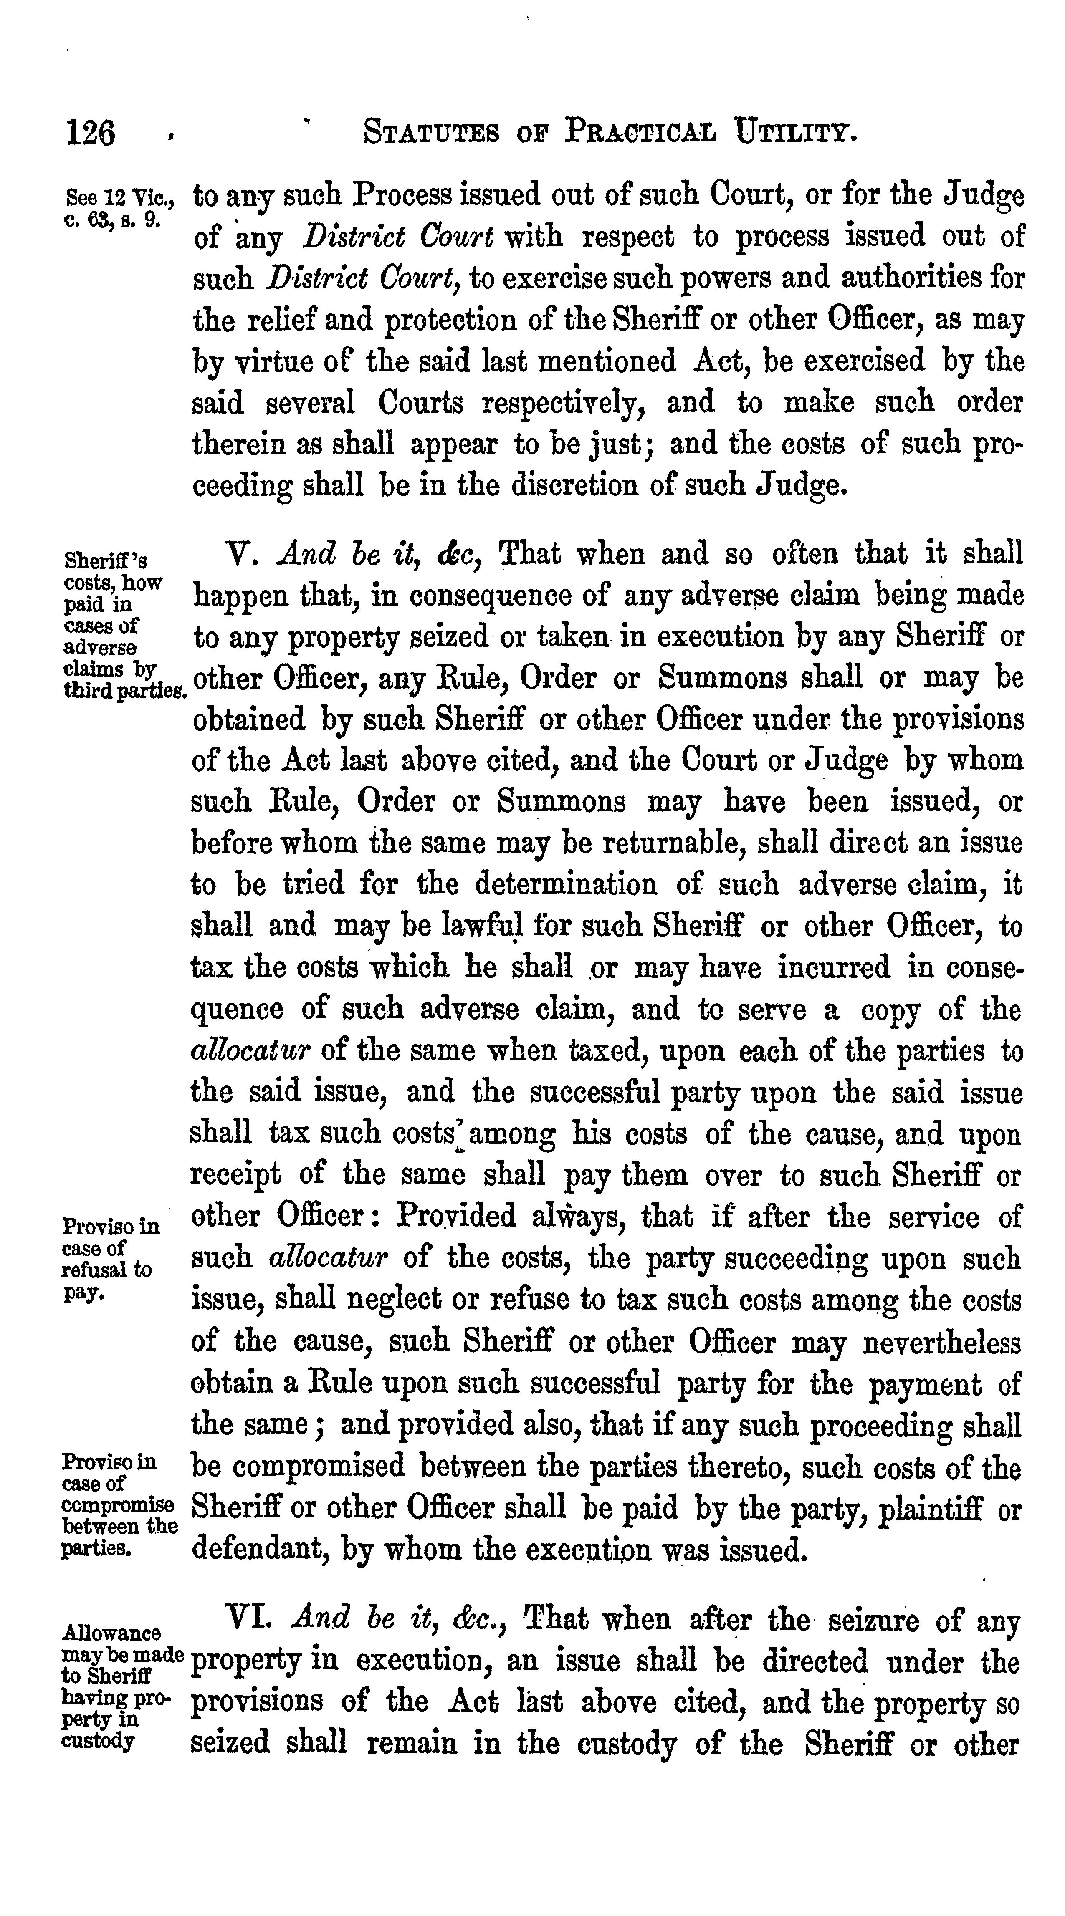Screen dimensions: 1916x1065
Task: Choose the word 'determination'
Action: tap(566, 884)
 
